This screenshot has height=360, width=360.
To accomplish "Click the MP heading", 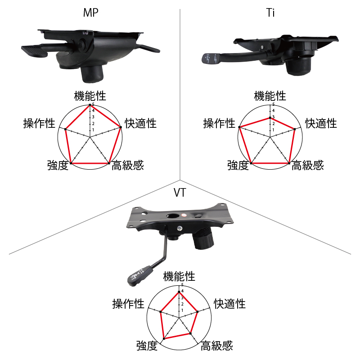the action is (91, 13).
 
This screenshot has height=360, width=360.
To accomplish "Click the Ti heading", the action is (270, 13).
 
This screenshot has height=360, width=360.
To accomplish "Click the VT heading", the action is (180, 193).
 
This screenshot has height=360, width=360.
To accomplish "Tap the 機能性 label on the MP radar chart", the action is (90, 96).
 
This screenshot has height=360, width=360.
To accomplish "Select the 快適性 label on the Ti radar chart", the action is (321, 123).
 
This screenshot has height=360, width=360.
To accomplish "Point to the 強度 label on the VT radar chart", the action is (147, 346).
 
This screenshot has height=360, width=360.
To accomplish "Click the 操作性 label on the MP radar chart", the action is (39, 123).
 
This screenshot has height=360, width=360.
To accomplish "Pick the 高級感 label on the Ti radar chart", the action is (308, 165).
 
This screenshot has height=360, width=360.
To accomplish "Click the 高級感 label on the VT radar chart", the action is (217, 346).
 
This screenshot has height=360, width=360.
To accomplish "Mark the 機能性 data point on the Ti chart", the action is (270, 117).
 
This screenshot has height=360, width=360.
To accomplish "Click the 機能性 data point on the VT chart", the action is (179, 292).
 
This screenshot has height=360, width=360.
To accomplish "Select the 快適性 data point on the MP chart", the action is (121, 127).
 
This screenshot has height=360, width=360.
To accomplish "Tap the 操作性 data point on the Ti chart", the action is (239, 127).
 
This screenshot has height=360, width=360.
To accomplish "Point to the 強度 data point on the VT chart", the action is (164, 339).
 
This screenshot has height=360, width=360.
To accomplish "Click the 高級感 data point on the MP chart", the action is (109, 163).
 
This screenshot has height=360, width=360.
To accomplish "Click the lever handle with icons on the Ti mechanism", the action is (211, 58).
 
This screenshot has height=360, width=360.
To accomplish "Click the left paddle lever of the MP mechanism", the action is (35, 50).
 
